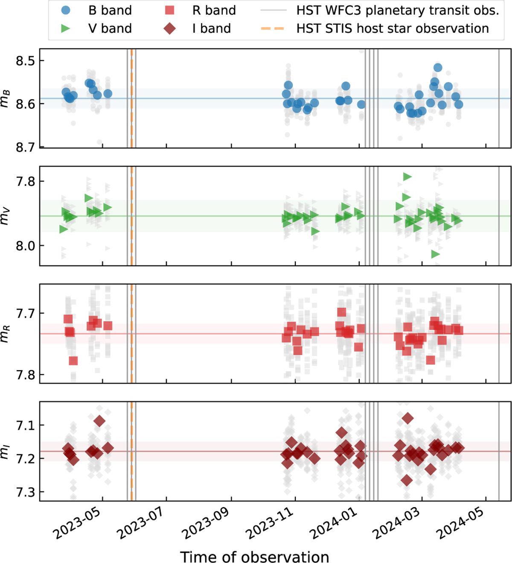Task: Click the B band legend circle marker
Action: coord(66,10)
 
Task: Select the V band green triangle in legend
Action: coord(66,29)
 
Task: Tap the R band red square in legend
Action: coord(170,10)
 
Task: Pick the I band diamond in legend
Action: coord(170,29)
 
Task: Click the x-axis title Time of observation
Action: coord(254,557)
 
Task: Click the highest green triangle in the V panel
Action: coord(407,177)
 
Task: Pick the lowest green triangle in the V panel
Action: coord(435,254)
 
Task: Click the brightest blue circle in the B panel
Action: coord(437,67)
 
